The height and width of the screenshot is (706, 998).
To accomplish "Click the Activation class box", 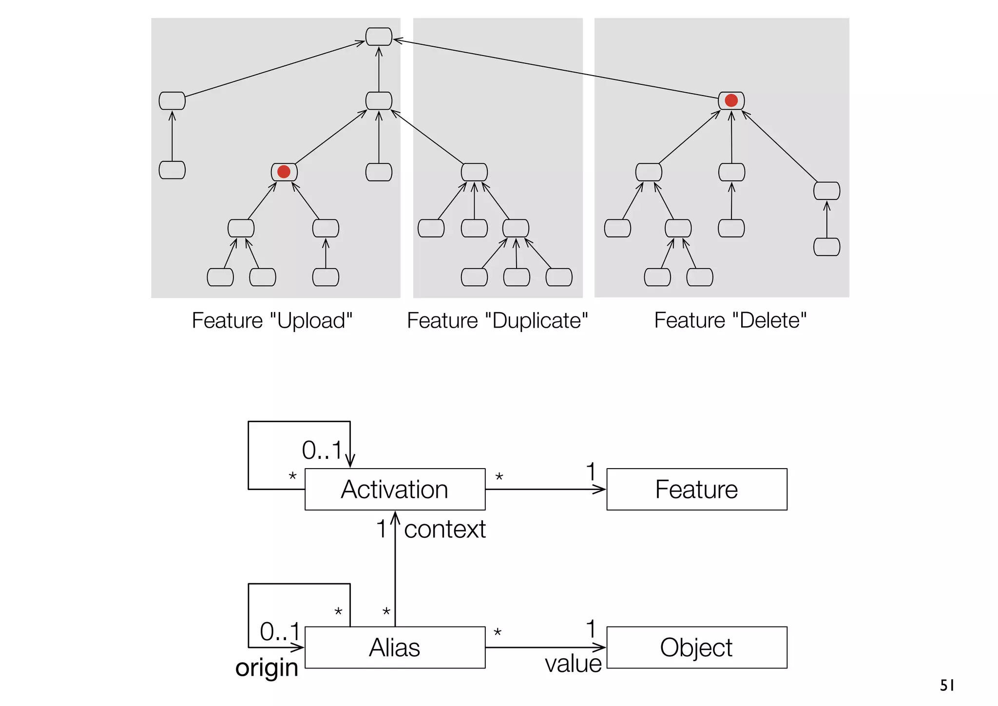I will click(395, 489).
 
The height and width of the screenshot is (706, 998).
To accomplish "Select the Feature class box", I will click(696, 489).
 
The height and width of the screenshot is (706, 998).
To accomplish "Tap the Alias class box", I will click(395, 647).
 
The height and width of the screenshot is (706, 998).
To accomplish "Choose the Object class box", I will click(696, 647).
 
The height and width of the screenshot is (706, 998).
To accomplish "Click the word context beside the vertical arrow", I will click(444, 529).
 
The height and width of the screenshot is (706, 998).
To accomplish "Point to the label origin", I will click(267, 667).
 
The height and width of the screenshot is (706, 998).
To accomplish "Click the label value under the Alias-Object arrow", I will click(573, 664).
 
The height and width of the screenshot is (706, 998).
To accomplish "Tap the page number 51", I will click(947, 686).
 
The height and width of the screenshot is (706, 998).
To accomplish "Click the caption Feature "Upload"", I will click(272, 321).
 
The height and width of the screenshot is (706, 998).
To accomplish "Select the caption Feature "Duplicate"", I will click(498, 321).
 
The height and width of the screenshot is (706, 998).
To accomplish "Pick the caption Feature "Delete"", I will click(730, 321).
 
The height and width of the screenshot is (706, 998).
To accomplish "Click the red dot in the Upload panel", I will click(284, 172).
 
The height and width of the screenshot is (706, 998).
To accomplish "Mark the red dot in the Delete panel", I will click(731, 100).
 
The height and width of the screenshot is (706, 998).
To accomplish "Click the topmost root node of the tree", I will click(379, 37).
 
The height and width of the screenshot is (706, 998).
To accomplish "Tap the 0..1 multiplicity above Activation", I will click(322, 450).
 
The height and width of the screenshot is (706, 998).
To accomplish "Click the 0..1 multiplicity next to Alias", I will click(279, 632).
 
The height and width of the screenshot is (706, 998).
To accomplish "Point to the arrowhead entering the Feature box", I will click(600, 489).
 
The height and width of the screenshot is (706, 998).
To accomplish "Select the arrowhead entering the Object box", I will click(600, 647).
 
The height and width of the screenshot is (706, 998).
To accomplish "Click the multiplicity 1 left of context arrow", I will click(382, 529).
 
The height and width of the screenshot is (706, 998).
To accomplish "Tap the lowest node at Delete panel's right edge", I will click(826, 247).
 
